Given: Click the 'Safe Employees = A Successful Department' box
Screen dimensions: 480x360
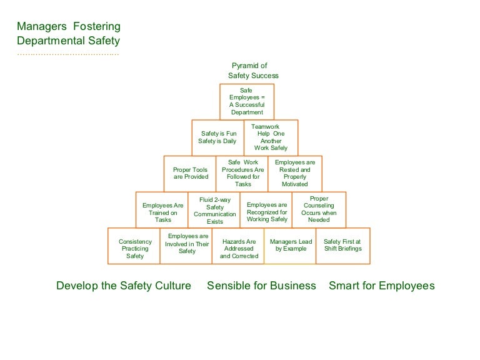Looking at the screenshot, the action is click(x=247, y=101).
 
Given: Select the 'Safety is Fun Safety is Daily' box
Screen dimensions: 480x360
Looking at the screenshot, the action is click(x=217, y=137).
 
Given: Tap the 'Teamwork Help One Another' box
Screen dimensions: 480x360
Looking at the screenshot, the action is click(x=271, y=137).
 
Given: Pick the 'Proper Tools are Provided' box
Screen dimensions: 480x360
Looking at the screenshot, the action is click(x=190, y=173).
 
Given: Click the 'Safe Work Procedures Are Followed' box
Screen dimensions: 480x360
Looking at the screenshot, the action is click(x=242, y=173).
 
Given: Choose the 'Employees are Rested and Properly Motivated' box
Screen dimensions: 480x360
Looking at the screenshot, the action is click(x=295, y=173).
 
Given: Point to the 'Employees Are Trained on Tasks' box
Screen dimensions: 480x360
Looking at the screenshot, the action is click(x=162, y=209).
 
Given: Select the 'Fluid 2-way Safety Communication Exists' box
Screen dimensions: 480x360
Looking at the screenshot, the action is click(x=214, y=209).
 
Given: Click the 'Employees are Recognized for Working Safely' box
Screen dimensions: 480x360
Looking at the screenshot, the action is click(x=267, y=209).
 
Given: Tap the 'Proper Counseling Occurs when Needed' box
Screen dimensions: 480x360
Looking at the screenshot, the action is click(x=319, y=209).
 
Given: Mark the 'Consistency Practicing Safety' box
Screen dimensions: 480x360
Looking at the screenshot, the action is click(x=134, y=245).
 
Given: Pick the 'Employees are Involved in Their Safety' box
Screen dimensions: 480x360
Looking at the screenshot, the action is click(x=187, y=245).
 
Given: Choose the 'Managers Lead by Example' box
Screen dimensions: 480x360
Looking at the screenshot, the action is click(x=291, y=245).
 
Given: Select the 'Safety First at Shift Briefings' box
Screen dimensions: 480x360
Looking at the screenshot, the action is click(x=342, y=245).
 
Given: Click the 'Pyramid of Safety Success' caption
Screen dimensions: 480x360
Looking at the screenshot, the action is click(x=252, y=71).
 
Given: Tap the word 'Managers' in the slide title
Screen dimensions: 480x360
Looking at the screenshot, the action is click(x=41, y=27).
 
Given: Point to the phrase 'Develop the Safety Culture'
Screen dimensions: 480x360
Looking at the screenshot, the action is click(x=124, y=286).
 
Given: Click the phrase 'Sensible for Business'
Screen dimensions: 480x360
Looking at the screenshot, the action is click(x=261, y=286).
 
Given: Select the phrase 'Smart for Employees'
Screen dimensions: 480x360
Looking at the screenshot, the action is click(x=381, y=286).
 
